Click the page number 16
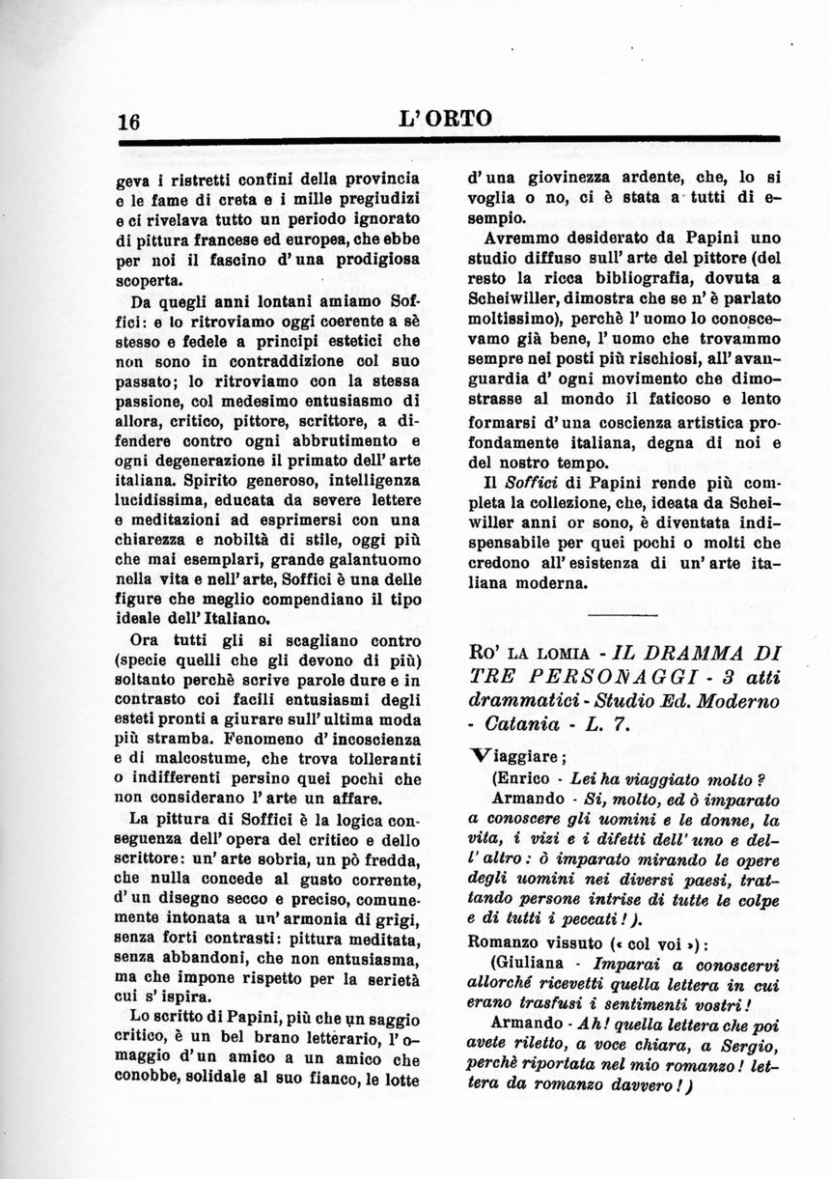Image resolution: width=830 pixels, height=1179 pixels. point(129,122)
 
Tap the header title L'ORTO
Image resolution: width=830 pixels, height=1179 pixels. point(444,119)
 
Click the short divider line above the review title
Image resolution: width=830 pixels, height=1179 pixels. point(622,614)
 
